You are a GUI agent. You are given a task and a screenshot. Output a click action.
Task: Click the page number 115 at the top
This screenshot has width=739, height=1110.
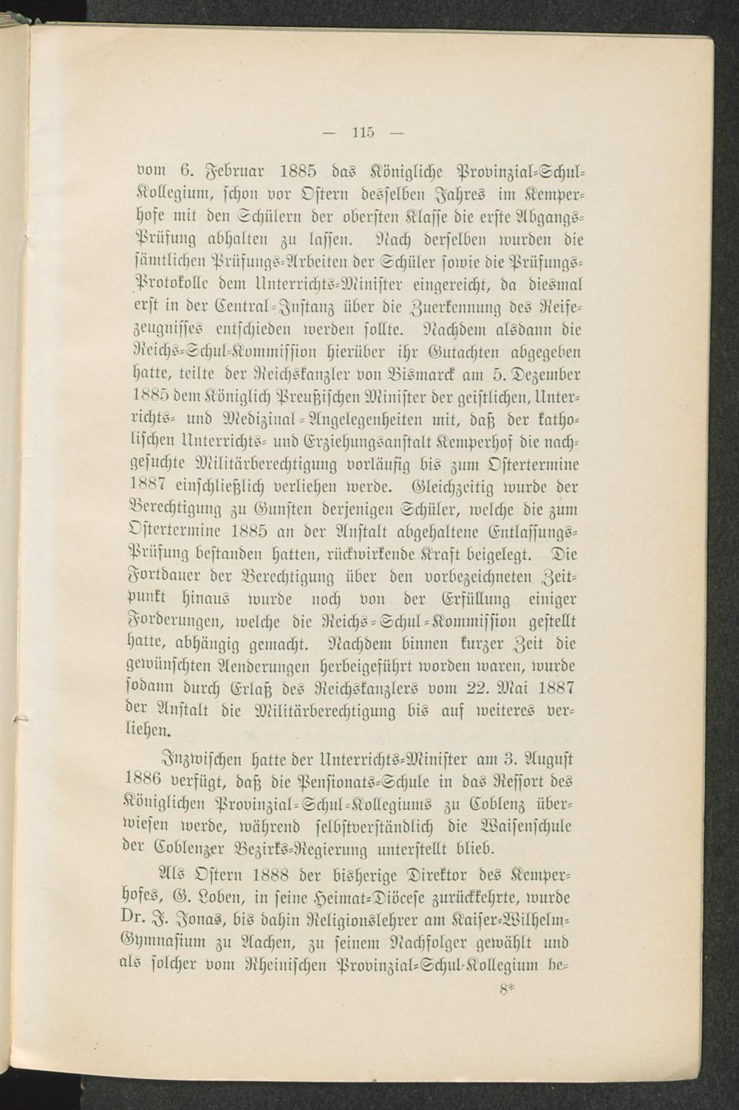363,133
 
